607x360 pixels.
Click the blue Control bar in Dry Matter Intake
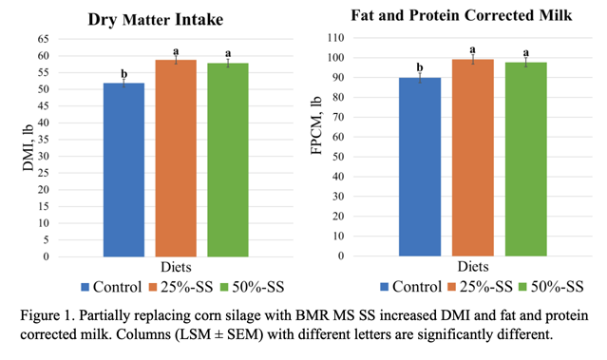(x=123, y=169)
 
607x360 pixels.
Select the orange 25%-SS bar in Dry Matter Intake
(x=176, y=158)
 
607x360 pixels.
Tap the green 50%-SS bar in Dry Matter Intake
(x=228, y=160)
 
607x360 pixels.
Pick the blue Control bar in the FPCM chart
(x=420, y=167)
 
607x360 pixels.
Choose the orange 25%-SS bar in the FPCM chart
(x=473, y=158)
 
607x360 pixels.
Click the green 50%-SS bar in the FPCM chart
(x=526, y=159)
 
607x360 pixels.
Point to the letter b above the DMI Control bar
(x=123, y=73)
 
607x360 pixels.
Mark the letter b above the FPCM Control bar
(x=420, y=67)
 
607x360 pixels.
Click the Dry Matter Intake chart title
(x=156, y=20)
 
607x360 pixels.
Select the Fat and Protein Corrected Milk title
(x=462, y=15)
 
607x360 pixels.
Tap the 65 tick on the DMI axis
(x=44, y=39)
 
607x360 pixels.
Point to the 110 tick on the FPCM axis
(x=335, y=38)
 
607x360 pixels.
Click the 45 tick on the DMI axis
(x=44, y=105)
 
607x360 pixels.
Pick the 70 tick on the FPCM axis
(x=338, y=117)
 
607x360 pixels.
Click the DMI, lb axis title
(x=28, y=148)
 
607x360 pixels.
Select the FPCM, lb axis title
(x=316, y=125)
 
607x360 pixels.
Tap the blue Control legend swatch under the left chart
(x=85, y=287)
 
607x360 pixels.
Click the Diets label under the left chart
(x=176, y=267)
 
